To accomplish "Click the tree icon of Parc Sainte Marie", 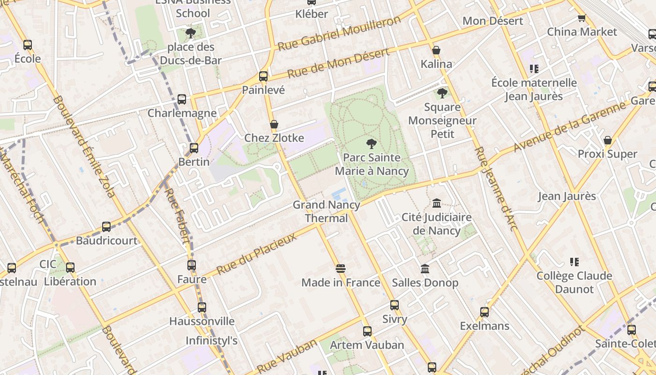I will tap(371, 143).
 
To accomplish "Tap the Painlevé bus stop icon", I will tap(263, 76).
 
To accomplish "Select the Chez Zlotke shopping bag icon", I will tap(274, 125).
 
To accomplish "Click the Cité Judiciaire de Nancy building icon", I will tap(437, 203).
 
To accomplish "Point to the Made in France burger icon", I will tap(341, 269).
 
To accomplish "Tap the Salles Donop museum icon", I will tap(425, 269).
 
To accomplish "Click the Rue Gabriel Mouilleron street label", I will tap(339, 34).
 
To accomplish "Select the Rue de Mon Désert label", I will tap(338, 63).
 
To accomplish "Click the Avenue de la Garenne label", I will tap(569, 127).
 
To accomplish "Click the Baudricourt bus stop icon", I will tap(106, 227).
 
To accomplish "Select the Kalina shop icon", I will tap(436, 50).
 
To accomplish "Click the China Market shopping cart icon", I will tap(581, 18).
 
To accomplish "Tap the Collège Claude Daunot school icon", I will tap(574, 262).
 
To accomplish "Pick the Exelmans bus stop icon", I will tap(485, 312).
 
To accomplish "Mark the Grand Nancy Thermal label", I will tap(327, 211).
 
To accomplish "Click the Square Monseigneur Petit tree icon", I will tap(442, 93).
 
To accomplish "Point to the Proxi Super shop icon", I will tap(607, 141).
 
